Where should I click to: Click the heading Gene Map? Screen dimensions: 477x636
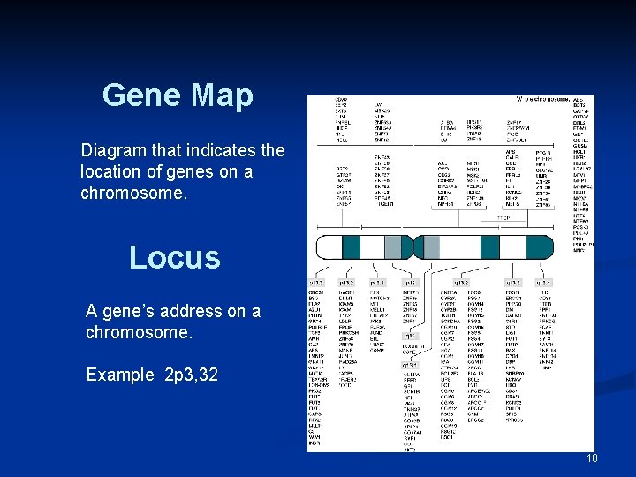[x=178, y=95]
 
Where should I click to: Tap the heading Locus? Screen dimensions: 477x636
[x=174, y=257]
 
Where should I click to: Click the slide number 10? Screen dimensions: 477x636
[x=592, y=458]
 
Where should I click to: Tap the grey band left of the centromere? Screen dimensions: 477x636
[x=393, y=247]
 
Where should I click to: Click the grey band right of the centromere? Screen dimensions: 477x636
[x=431, y=247]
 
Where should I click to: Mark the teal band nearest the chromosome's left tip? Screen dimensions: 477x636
[x=351, y=247]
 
